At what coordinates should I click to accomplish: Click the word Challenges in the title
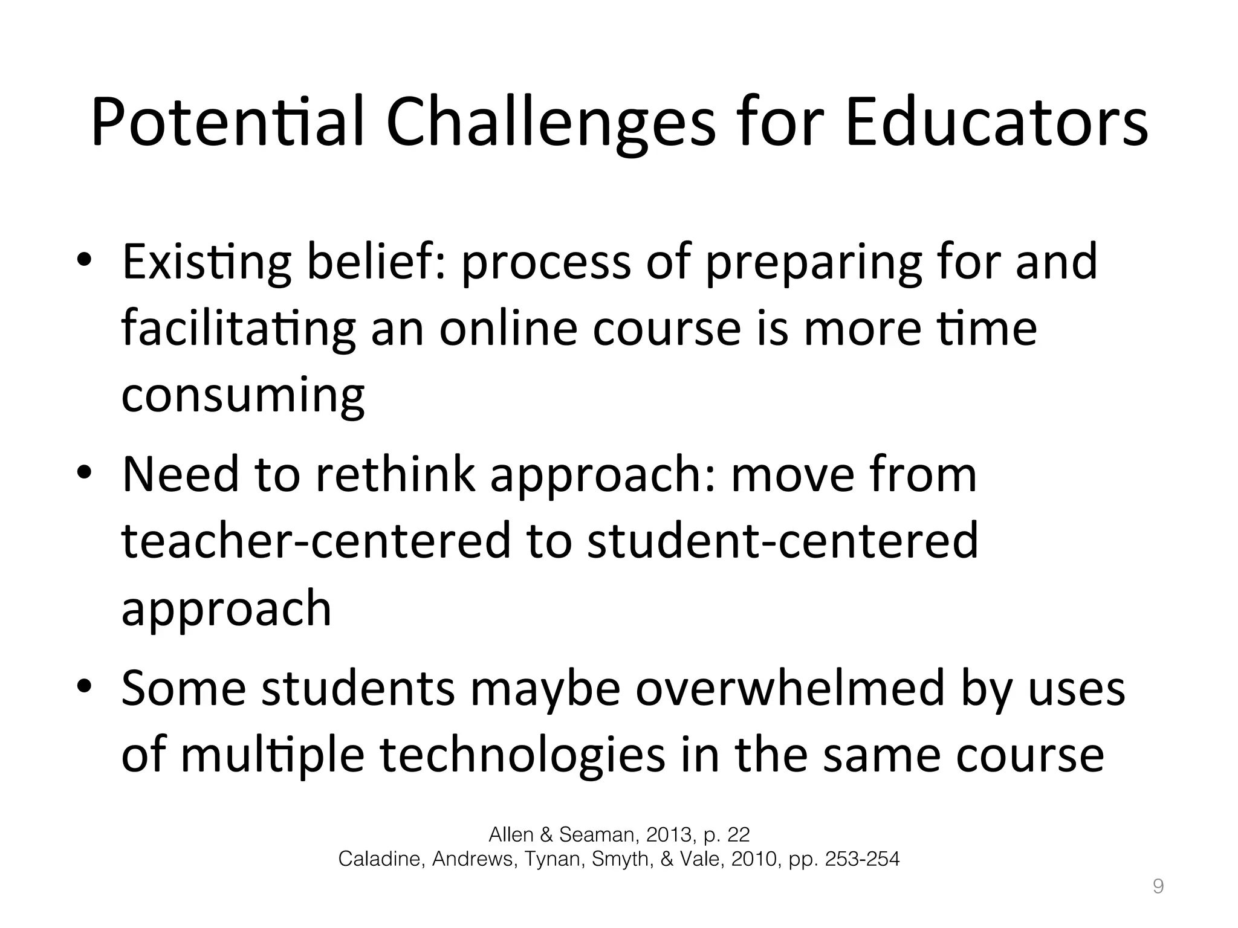(551, 124)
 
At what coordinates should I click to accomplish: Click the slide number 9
(1158, 886)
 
